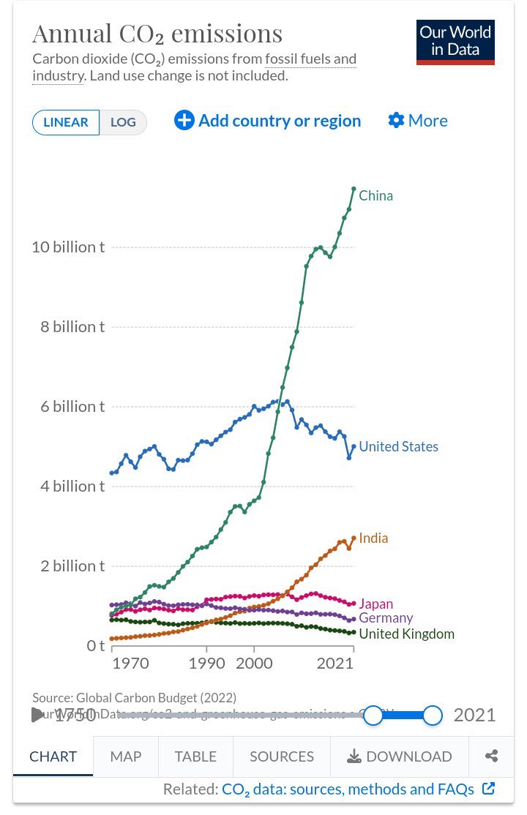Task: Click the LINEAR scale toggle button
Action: pyautogui.click(x=66, y=122)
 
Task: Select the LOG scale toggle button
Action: pyautogui.click(x=123, y=122)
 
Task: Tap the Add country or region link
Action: pyautogui.click(x=268, y=121)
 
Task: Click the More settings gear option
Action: pyautogui.click(x=418, y=121)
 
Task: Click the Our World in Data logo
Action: pyautogui.click(x=455, y=42)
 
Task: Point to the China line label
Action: pyautogui.click(x=375, y=195)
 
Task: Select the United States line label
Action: pyautogui.click(x=398, y=446)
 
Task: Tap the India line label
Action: pyautogui.click(x=373, y=538)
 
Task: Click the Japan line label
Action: pyautogui.click(x=375, y=604)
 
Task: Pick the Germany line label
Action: pyautogui.click(x=386, y=618)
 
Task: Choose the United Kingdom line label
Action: pyautogui.click(x=406, y=634)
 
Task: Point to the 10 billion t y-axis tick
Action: pyautogui.click(x=68, y=247)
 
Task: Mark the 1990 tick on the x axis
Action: pyautogui.click(x=206, y=664)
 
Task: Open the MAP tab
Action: pyautogui.click(x=125, y=756)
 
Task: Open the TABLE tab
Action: pyautogui.click(x=195, y=756)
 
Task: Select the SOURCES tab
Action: pyautogui.click(x=281, y=756)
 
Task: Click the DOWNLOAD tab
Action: pyautogui.click(x=400, y=756)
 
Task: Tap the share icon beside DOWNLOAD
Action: pyautogui.click(x=492, y=756)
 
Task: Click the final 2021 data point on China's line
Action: pyautogui.click(x=354, y=189)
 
